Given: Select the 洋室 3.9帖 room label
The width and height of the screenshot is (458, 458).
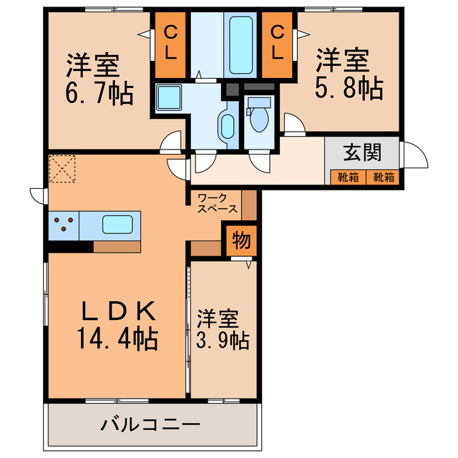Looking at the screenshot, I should coord(223,328).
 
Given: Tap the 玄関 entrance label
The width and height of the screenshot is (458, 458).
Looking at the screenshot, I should coord(361,152).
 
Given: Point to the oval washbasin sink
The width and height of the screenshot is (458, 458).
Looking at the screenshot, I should coord(228,126).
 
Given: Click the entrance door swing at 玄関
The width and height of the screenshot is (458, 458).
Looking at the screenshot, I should coord(413,153).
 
